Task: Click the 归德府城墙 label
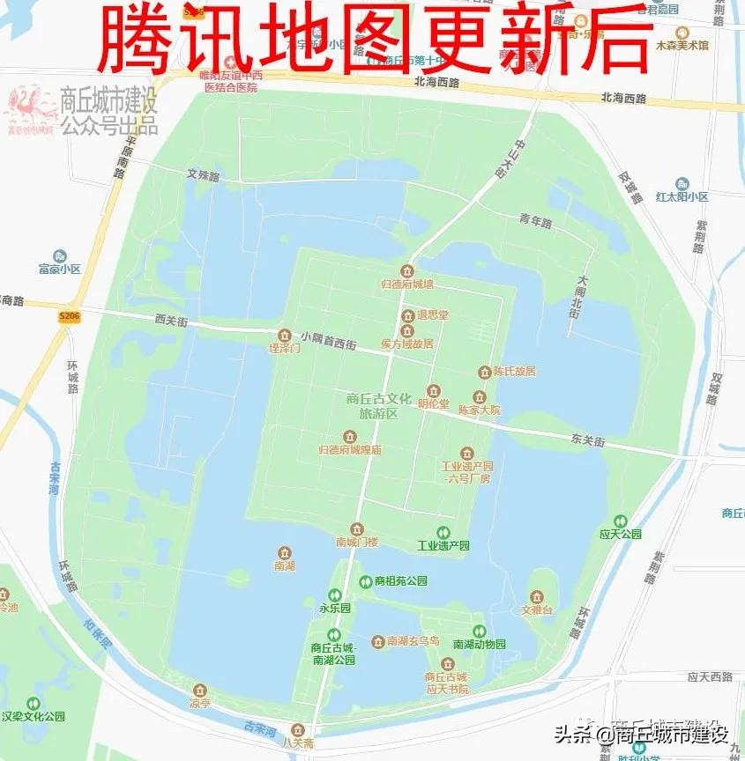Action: coord(406,284)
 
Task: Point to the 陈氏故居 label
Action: coord(513,372)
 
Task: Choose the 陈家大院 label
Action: coord(479,410)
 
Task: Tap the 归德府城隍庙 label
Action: coord(350,450)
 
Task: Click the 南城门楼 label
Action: coord(356,542)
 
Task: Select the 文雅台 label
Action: coord(536,610)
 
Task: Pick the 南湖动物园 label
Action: coord(479,645)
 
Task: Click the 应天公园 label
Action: coord(620,534)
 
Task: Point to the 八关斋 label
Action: coord(297,743)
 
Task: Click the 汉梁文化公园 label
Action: coord(34,716)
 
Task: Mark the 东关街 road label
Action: coord(587,440)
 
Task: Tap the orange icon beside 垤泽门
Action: coord(284,335)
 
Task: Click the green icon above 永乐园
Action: coord(334,595)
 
